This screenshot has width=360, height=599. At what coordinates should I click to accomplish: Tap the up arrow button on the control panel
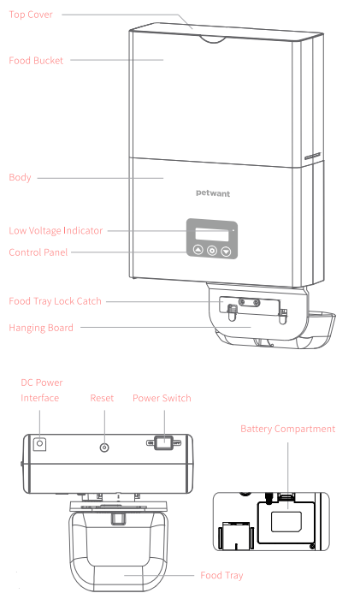pyautogui.click(x=198, y=251)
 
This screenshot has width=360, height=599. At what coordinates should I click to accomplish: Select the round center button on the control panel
pyautogui.click(x=212, y=252)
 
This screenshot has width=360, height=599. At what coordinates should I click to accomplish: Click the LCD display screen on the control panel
pyautogui.click(x=212, y=234)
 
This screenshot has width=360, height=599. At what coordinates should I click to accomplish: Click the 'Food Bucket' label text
pyautogui.click(x=36, y=60)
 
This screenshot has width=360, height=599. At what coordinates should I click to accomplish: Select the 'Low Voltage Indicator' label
pyautogui.click(x=56, y=230)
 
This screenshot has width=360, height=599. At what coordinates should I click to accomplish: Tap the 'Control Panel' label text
pyautogui.click(x=38, y=252)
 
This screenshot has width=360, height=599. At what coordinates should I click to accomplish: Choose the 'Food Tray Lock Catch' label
pyautogui.click(x=55, y=300)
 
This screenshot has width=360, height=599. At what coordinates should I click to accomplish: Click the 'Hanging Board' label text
pyautogui.click(x=41, y=327)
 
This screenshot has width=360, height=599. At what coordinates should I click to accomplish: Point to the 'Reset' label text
pyautogui.click(x=102, y=398)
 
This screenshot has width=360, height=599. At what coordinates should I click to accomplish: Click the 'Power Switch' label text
pyautogui.click(x=162, y=398)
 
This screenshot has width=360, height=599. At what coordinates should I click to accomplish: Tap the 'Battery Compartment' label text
pyautogui.click(x=287, y=429)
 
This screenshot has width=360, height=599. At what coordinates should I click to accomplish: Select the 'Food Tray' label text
pyautogui.click(x=221, y=576)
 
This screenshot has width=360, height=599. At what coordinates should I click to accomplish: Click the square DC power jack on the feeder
pyautogui.click(x=38, y=444)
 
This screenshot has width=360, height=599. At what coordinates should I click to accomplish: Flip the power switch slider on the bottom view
pyautogui.click(x=161, y=443)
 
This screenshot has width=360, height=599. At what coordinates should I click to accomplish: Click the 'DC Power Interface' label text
pyautogui.click(x=40, y=390)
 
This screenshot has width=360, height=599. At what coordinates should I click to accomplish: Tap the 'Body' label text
pyautogui.click(x=20, y=177)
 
